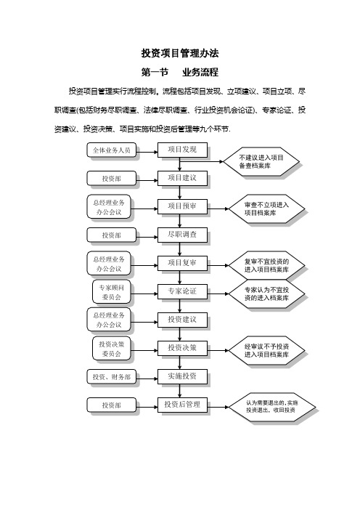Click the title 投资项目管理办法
pos(180,53)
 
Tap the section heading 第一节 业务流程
pos(180,72)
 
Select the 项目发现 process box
pos(182,150)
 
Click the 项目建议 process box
pos(182,178)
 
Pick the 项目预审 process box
pos(182,206)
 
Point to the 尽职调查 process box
pos(182,235)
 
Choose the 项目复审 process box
pos(182,263)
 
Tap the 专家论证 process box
pos(182,291)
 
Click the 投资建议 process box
pos(182,320)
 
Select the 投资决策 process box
pos(182,348)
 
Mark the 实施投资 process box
pos(182,376)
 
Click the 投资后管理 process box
pos(182,405)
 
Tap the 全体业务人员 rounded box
pos(112,150)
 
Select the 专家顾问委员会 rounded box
pos(112,292)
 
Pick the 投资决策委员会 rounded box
pos(112,349)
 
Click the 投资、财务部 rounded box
pos(112,377)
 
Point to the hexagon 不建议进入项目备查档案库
pos(261,162)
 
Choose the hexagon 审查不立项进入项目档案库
pos(266,209)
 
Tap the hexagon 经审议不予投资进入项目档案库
pos(266,351)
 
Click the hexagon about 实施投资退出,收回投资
pos(272,407)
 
